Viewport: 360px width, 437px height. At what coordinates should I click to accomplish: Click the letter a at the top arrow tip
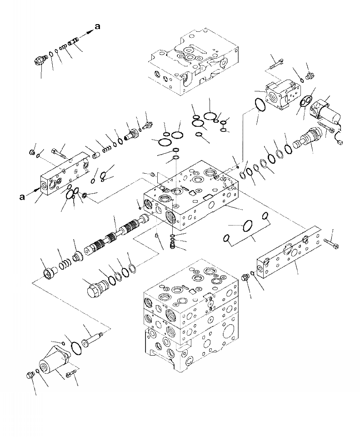point(97,28)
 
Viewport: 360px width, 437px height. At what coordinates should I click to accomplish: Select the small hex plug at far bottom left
point(30,375)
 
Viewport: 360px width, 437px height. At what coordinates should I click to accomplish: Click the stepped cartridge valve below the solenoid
point(309,137)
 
